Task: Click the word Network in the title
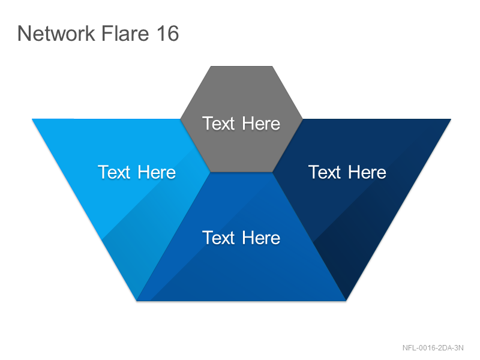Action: tap(56, 33)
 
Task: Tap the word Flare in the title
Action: tap(125, 33)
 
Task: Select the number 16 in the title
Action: tap(168, 33)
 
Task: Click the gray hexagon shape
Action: tap(242, 119)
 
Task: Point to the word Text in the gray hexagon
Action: tap(218, 124)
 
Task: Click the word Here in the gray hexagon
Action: tap(261, 124)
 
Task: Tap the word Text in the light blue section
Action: tap(114, 172)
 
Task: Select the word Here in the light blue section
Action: tap(157, 172)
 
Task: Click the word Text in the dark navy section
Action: tap(324, 172)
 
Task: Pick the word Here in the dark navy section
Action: tap(367, 172)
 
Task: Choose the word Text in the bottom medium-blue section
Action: tap(218, 238)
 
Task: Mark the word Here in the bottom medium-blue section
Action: tap(261, 238)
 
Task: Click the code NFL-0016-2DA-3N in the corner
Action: tap(433, 348)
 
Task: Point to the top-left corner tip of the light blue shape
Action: tap(32, 119)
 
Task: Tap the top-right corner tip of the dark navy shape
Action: tap(451, 119)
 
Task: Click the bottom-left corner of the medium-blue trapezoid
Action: tap(137, 301)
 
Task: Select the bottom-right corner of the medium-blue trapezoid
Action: tap(346, 301)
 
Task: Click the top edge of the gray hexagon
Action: tap(242, 67)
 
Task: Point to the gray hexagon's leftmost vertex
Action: tap(181, 119)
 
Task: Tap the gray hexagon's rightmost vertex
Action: tap(302, 119)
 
